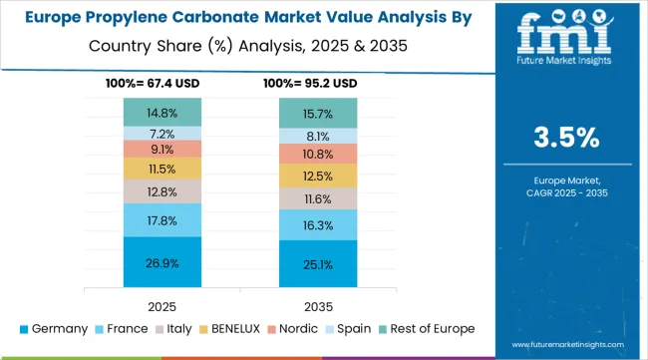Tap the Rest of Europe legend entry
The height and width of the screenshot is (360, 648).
(x=423, y=328)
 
